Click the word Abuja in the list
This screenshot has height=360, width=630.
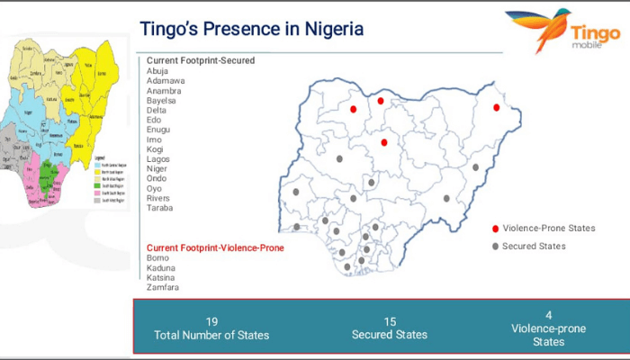point(157,71)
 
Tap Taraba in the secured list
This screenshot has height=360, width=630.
point(160,208)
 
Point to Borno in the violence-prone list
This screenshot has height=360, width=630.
point(159,257)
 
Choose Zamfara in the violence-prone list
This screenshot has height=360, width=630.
point(163,287)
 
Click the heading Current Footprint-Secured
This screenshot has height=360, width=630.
point(201,60)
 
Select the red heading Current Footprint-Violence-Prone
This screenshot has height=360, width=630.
point(215,247)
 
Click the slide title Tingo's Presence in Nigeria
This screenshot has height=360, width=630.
point(252,29)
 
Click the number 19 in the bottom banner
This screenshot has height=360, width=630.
point(211,321)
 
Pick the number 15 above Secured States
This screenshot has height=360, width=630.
point(390,321)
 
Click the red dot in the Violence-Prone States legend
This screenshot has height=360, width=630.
point(496,229)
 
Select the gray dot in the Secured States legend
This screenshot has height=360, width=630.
point(496,247)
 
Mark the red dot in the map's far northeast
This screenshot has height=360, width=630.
point(496,108)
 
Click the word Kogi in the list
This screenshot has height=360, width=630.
point(157,148)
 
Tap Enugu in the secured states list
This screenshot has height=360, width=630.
point(160,130)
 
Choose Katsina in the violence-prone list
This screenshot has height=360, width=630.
point(161,277)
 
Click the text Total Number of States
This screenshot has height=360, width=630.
point(211,336)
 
